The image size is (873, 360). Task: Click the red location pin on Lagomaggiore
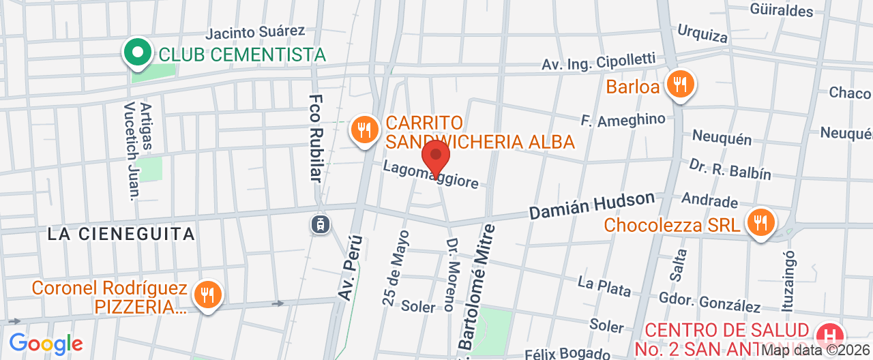click(x=436, y=156)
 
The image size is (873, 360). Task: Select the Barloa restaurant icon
click(x=680, y=85)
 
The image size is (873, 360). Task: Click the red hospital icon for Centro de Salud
click(x=830, y=336)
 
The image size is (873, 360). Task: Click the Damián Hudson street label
click(x=592, y=205)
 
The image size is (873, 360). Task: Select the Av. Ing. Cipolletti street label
click(x=598, y=63)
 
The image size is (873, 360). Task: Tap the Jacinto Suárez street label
click(x=255, y=32)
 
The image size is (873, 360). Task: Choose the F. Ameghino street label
click(x=623, y=120)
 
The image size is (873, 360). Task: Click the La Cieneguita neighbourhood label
click(x=121, y=234)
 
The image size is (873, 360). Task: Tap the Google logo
click(x=46, y=343)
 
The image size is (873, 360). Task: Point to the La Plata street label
click(x=604, y=286)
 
